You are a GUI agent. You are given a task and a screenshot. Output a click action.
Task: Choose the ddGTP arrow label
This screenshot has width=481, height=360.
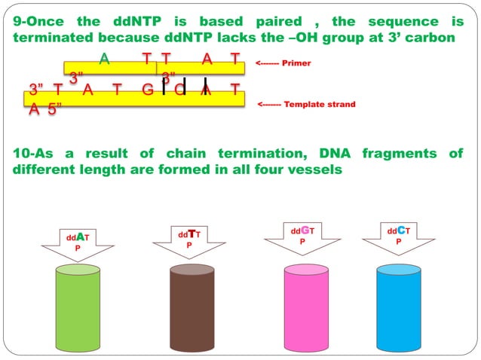tap(302, 235)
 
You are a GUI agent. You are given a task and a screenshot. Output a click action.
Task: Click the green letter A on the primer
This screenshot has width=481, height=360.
tap(104, 58)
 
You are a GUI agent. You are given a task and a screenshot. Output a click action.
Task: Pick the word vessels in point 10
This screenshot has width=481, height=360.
tap(317, 169)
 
